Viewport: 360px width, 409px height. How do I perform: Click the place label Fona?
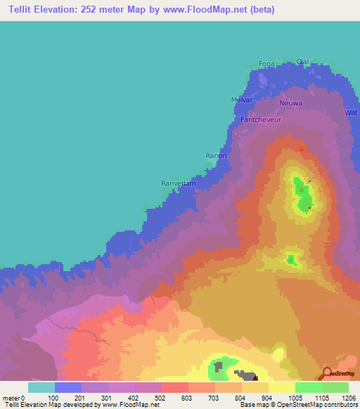coord(266,65)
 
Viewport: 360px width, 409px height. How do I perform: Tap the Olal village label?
coord(303,61)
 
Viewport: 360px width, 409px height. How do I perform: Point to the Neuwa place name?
coord(290,103)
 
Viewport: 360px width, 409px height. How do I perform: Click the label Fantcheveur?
coord(261,120)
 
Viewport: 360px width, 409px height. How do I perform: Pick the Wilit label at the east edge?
coord(351,112)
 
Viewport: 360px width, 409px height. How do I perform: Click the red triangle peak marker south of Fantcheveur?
coord(302,149)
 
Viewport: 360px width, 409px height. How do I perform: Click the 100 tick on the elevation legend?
coord(54,398)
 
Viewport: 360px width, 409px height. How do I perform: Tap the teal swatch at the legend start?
coord(41,387)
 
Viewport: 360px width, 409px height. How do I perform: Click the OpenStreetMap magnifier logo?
coord(327,372)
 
